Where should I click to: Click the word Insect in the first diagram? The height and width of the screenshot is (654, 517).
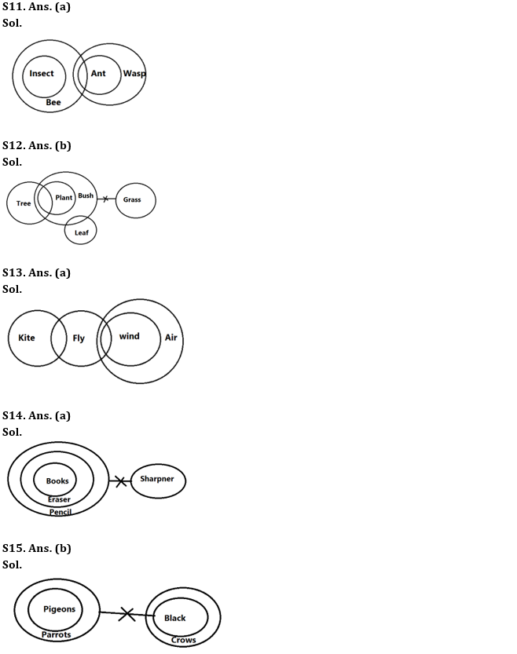pos(42,74)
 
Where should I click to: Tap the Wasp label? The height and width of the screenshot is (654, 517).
pos(134,74)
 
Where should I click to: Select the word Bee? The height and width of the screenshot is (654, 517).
pos(53,103)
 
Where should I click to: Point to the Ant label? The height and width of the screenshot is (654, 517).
pos(98,74)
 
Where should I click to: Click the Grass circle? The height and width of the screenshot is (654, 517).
pos(135,200)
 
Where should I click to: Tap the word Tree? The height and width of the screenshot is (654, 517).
pos(24,203)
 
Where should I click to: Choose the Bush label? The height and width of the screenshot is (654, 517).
pos(86,196)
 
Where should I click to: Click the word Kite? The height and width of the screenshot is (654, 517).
pos(27,338)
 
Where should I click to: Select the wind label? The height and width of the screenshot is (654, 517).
pos(129,336)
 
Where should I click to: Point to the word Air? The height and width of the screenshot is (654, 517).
pos(170,338)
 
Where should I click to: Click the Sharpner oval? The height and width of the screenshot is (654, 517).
pos(158,480)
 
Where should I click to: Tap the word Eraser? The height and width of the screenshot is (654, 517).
pos(58,499)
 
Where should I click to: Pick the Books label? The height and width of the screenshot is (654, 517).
pos(57,481)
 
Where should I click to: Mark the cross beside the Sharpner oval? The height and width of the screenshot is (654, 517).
pos(120,480)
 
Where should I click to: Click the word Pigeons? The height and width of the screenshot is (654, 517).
pos(60,609)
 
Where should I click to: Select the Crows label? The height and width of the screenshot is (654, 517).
pos(183,640)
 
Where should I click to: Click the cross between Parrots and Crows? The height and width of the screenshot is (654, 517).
pos(126,614)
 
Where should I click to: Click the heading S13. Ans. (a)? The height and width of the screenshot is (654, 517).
pos(36,272)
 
